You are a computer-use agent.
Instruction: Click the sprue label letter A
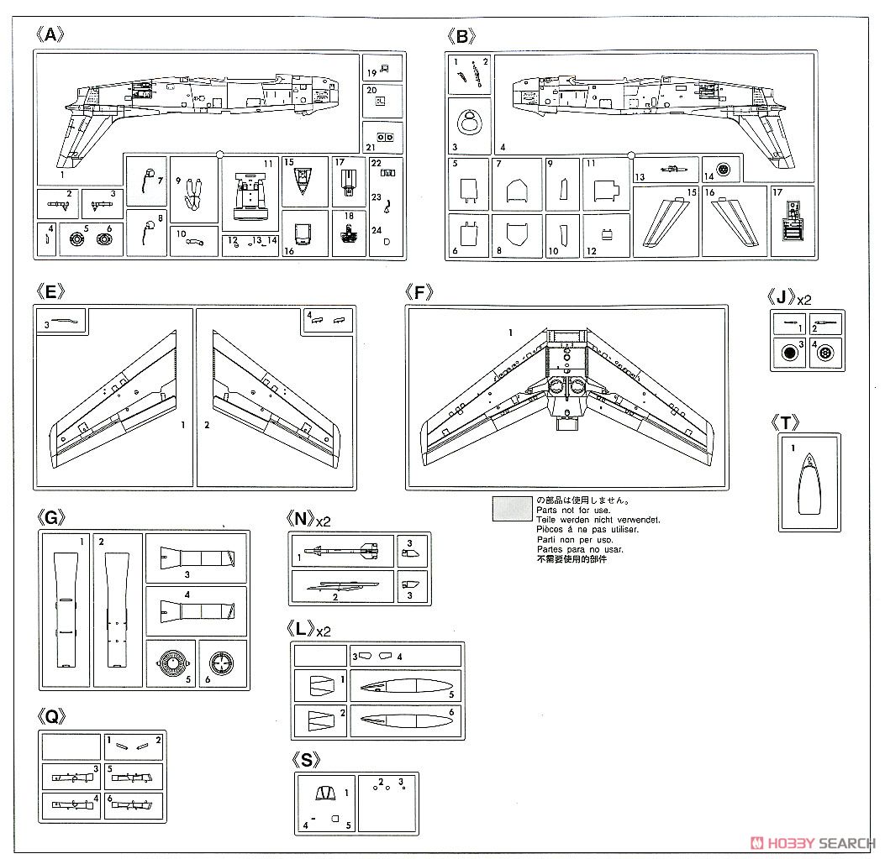click(x=50, y=35)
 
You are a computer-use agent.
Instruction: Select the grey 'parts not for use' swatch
click(x=512, y=509)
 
